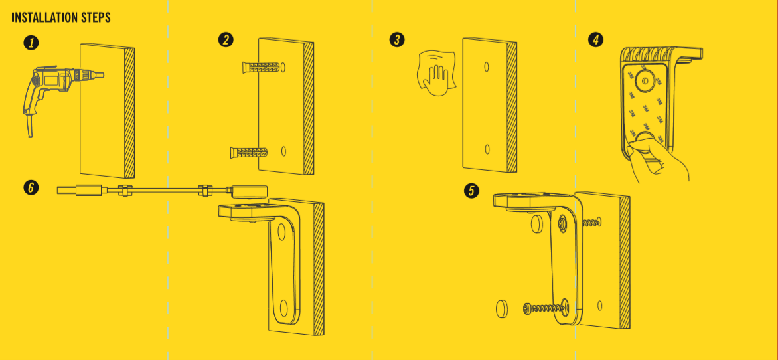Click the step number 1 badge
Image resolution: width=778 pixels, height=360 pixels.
[x=31, y=43]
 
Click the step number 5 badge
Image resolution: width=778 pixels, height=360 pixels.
[x=471, y=191]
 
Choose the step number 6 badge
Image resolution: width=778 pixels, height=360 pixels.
[x=31, y=188]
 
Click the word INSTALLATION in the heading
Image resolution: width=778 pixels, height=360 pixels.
[x=43, y=18]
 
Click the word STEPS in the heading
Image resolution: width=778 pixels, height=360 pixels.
[x=95, y=18]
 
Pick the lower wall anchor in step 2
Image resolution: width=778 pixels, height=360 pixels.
[x=249, y=152]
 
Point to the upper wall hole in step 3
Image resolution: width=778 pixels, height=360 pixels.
[x=487, y=66]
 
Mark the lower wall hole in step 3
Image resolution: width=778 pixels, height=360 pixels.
[x=487, y=149]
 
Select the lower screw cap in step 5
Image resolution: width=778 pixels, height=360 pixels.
[x=502, y=309]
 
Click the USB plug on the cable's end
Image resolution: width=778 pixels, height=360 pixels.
[x=80, y=190]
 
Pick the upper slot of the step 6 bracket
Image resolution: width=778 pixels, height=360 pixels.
[x=282, y=232]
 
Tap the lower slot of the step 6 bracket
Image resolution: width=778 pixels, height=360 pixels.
[x=284, y=308]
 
